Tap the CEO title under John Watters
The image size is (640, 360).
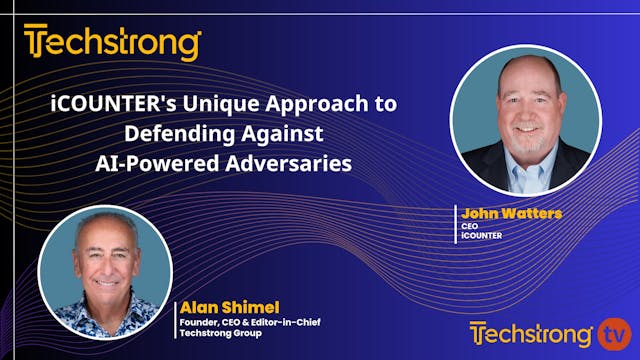[x=468, y=226]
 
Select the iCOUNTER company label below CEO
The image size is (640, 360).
[x=479, y=237]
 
